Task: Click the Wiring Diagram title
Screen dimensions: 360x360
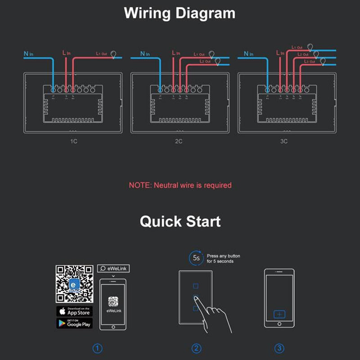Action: (x=180, y=13)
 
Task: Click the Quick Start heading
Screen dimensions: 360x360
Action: (x=180, y=221)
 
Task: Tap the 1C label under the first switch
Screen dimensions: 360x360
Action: (x=74, y=141)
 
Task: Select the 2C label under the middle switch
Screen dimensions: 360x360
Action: (x=179, y=141)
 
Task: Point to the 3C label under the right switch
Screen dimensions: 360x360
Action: (x=284, y=141)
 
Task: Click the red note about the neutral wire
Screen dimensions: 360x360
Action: (x=180, y=185)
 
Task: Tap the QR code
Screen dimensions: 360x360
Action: (x=74, y=284)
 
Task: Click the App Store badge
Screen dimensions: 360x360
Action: (x=74, y=311)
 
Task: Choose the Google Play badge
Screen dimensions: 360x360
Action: (x=74, y=323)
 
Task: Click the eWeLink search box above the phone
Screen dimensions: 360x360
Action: (x=113, y=269)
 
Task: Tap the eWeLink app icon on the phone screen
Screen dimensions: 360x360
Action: (x=113, y=301)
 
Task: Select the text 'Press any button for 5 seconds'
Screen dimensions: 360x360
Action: (x=223, y=258)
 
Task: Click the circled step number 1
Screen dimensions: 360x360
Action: (x=98, y=348)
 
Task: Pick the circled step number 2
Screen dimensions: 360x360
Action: (x=196, y=348)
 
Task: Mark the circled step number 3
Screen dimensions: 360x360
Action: (x=279, y=348)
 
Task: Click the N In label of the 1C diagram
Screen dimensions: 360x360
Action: (x=28, y=54)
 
